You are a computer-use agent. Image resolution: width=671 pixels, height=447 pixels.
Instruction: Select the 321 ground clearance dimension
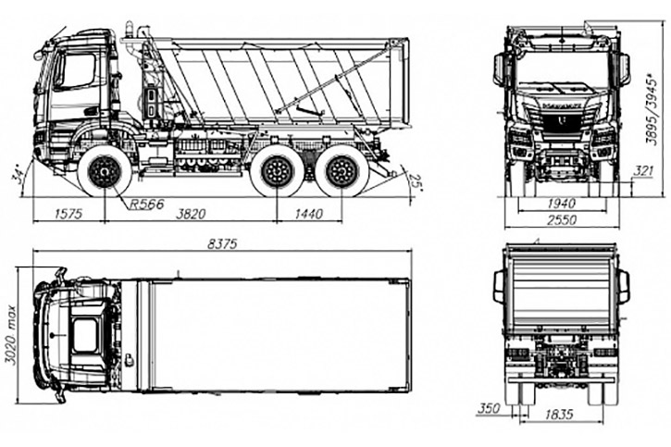point(644,172)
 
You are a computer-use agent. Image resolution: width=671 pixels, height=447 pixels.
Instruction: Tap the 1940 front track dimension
point(562,204)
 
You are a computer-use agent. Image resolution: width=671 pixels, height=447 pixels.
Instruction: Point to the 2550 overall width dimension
point(562,221)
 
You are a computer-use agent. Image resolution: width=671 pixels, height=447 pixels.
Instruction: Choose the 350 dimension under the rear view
point(489,408)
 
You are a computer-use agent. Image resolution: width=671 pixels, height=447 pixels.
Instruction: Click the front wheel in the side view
point(104,171)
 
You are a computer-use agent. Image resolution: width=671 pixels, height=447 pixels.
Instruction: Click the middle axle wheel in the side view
point(278,171)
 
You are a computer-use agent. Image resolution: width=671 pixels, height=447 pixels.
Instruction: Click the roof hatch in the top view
point(85,335)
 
